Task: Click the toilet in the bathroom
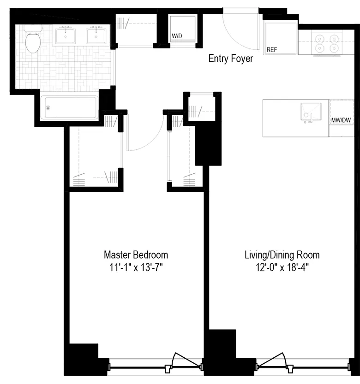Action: point(33,41)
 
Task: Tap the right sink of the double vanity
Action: point(97,35)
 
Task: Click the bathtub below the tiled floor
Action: point(69,108)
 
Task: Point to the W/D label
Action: point(176,35)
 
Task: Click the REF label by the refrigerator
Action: point(271,49)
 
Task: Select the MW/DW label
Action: point(341,120)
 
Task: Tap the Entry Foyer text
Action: point(230,59)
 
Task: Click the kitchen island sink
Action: point(310,112)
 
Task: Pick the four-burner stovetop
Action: point(326,42)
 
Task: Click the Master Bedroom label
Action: point(136,254)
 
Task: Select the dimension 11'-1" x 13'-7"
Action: point(136,267)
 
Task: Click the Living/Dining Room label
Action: point(282,254)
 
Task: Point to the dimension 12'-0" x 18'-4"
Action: point(282,267)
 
